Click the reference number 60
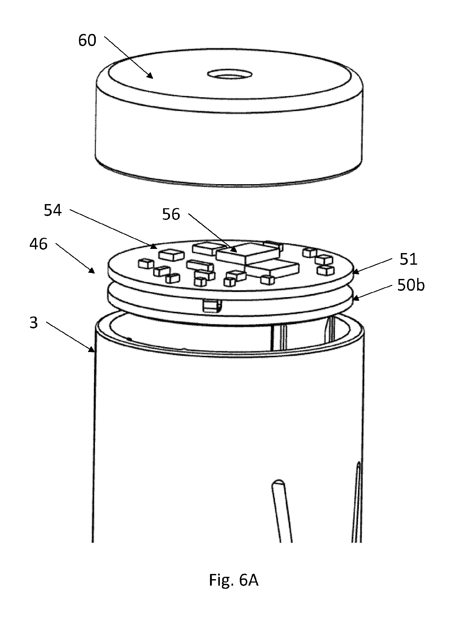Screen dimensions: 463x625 click(x=87, y=40)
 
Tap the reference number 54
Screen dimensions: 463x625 click(x=53, y=210)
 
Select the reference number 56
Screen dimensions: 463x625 click(x=171, y=214)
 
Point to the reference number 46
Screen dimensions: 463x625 click(x=38, y=244)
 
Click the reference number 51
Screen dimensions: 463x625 click(x=408, y=259)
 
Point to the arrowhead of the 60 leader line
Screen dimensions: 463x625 click(x=150, y=75)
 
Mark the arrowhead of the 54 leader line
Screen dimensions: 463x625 click(x=154, y=246)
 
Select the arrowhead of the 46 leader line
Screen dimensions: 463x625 click(x=91, y=270)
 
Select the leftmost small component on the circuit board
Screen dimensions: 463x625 click(x=146, y=264)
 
